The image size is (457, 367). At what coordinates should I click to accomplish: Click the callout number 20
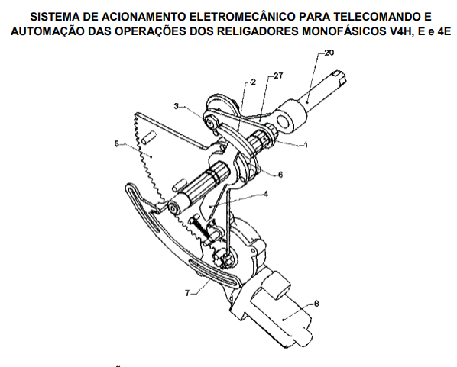point(329,53)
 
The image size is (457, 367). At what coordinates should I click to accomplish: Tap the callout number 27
point(278,76)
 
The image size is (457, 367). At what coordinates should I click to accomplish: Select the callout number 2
point(253,82)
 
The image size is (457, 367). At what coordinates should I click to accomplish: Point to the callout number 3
point(176,106)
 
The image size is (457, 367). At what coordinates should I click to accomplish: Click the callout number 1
point(306,145)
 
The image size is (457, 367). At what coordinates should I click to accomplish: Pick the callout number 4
point(265,194)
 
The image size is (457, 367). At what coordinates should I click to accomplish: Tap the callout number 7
point(187,293)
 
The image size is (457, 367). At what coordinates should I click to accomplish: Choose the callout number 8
point(316,304)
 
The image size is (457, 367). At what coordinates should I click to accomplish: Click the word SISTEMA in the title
point(54,17)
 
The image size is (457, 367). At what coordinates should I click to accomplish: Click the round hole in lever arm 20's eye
point(284,121)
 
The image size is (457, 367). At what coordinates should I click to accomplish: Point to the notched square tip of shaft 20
point(339,77)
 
